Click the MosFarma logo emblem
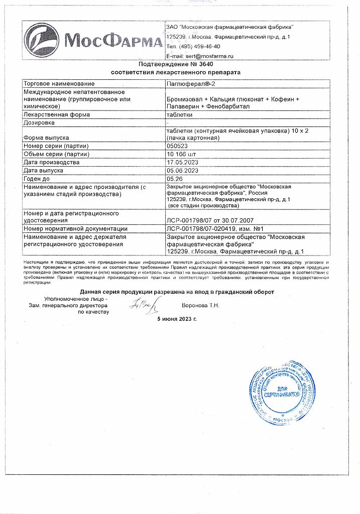click(x=45, y=41)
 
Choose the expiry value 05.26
click(x=174, y=178)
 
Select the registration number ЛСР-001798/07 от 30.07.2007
click(x=210, y=220)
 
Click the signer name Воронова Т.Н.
click(x=200, y=305)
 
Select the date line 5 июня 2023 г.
click(x=177, y=319)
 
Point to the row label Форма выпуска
click(x=46, y=137)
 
